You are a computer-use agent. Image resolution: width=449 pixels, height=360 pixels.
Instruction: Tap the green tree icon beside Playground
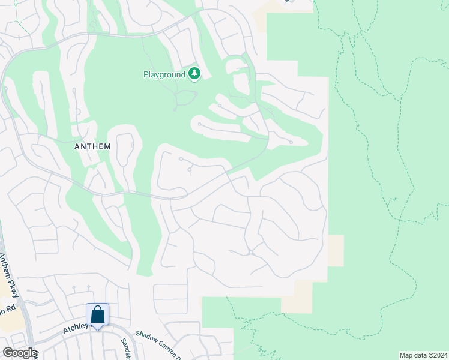tap(194, 74)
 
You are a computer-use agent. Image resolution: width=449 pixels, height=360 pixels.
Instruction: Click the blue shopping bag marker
tap(97, 314)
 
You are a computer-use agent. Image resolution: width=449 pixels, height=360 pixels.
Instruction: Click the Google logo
tap(20, 353)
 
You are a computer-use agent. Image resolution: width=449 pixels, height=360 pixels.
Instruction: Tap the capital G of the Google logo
tap(7, 353)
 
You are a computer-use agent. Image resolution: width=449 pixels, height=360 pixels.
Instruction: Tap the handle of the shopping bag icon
tap(97, 310)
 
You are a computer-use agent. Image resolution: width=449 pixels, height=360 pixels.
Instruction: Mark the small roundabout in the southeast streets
tap(250, 253)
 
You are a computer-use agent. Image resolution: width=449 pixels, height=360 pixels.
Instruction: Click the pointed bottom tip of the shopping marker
tap(97, 328)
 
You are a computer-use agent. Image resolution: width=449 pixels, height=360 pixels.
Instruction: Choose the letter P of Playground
tap(146, 74)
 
